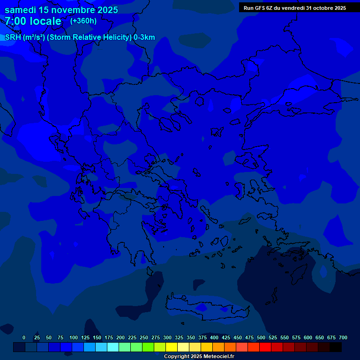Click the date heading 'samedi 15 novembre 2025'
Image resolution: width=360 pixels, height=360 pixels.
point(61,10)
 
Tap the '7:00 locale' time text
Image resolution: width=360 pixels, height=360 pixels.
point(33,21)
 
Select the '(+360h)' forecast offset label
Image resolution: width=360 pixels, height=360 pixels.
point(83,21)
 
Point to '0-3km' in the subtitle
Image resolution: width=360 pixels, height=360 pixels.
point(144,37)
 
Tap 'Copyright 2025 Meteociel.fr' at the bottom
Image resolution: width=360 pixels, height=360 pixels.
point(199,356)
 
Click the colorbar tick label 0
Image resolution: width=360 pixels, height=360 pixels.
point(24,337)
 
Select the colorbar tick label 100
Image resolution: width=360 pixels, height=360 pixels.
point(73,337)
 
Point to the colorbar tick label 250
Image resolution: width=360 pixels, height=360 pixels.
point(143,337)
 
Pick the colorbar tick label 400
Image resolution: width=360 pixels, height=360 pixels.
point(214,337)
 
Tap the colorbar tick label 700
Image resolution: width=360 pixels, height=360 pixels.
point(343,337)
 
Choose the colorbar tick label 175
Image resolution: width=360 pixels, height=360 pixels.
point(108,337)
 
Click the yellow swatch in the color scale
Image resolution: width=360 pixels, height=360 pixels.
point(172,347)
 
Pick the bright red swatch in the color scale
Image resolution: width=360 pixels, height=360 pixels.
point(265,347)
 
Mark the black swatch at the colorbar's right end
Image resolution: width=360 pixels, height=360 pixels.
point(336,347)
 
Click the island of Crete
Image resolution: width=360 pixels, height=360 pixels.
point(206,307)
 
